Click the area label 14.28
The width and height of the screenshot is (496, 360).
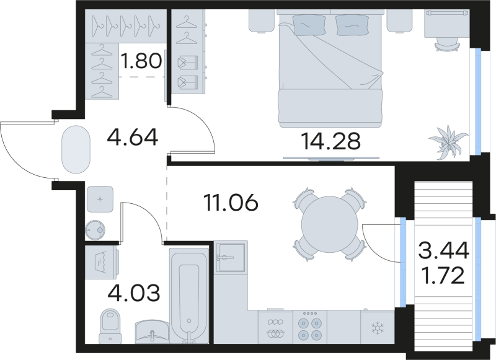(x=330, y=143)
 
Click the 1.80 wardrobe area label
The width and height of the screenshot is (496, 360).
(x=141, y=62)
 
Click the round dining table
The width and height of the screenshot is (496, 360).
(x=327, y=224)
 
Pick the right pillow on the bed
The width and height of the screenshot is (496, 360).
(x=351, y=25)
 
